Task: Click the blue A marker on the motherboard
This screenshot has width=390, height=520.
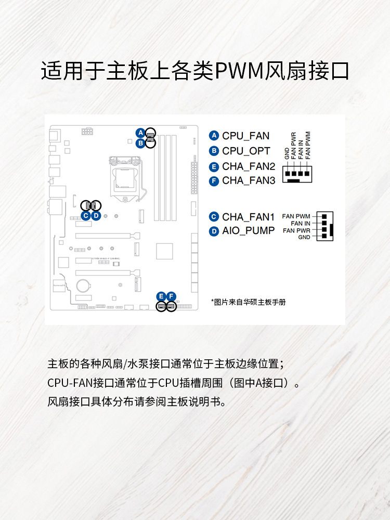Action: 140,132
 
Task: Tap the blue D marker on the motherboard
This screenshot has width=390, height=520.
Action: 96,215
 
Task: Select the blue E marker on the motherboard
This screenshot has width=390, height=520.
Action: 162,296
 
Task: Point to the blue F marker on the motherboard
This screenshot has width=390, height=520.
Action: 172,296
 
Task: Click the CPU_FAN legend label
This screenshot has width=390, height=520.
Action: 245,136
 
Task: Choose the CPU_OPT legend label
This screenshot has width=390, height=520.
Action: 246,151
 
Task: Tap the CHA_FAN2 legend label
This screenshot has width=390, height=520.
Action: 249,166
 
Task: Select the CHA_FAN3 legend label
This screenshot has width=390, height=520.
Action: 249,181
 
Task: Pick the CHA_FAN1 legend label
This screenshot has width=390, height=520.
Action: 248,217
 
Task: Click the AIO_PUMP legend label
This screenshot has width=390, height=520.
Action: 248,231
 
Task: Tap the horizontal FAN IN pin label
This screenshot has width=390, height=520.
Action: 301,223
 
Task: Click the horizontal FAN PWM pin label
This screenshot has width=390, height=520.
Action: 296,216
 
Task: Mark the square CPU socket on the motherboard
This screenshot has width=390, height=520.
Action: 126,178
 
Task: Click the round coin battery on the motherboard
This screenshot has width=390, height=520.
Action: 83,285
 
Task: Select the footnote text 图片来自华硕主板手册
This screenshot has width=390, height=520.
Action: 248,302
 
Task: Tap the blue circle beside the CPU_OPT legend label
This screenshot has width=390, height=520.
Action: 214,151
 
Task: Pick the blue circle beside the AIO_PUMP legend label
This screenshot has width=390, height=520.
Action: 214,231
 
